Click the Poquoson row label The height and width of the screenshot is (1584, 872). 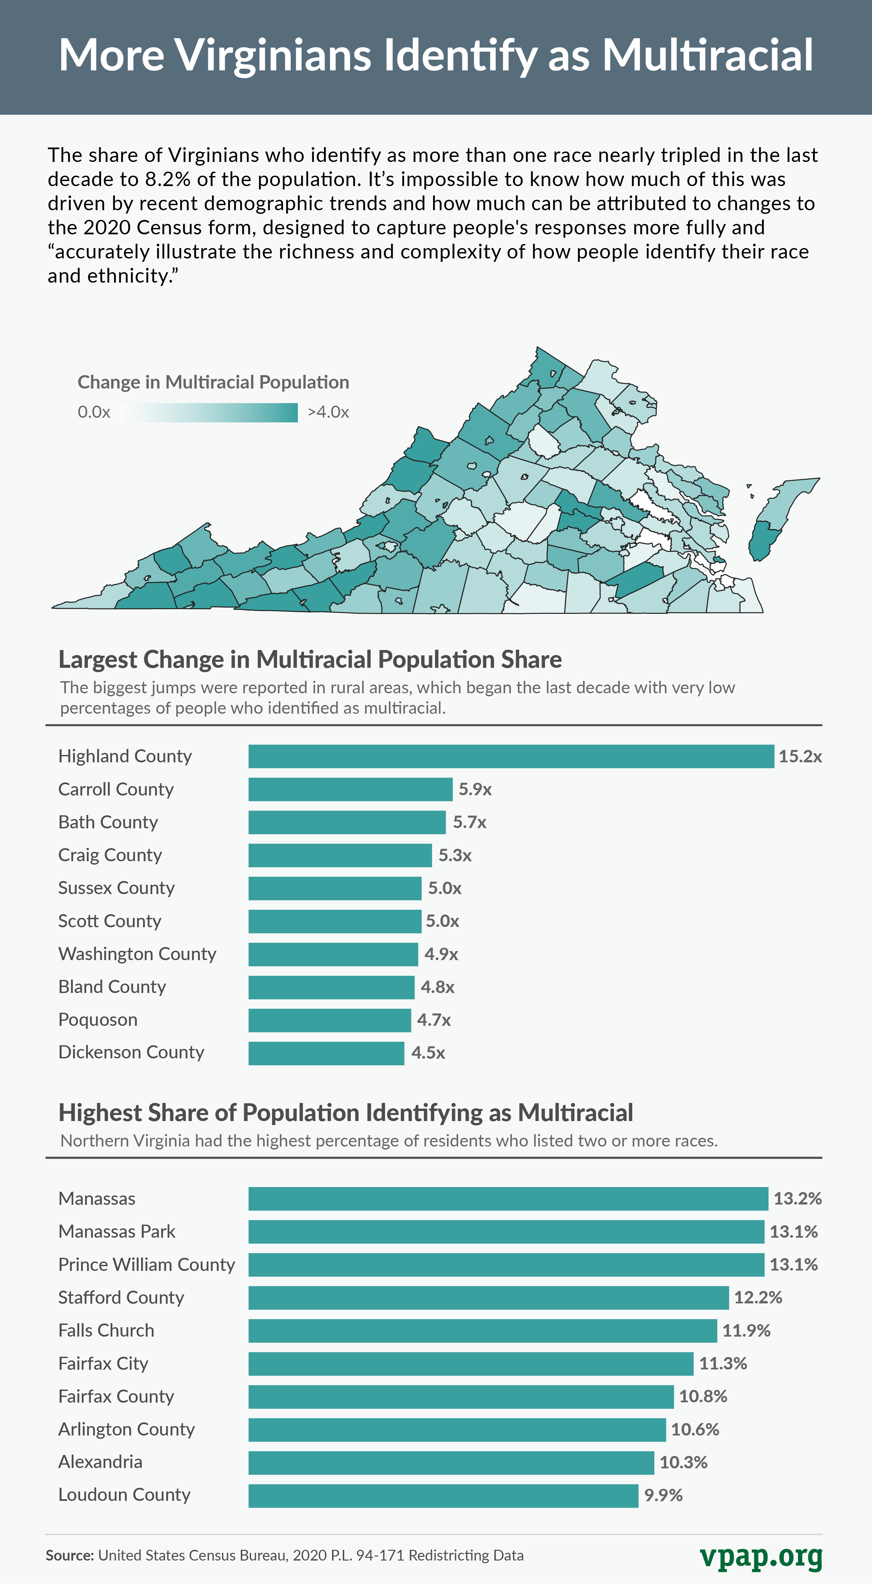(x=98, y=1019)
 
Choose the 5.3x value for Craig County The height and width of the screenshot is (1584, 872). (x=455, y=855)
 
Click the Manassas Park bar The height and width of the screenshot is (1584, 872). (x=506, y=1232)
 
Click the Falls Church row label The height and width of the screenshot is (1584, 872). (x=106, y=1330)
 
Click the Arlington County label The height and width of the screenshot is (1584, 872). (x=126, y=1429)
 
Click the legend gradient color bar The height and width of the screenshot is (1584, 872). (x=209, y=413)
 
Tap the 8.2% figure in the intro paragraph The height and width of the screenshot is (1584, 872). (x=167, y=180)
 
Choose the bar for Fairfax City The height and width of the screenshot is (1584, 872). (x=471, y=1363)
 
